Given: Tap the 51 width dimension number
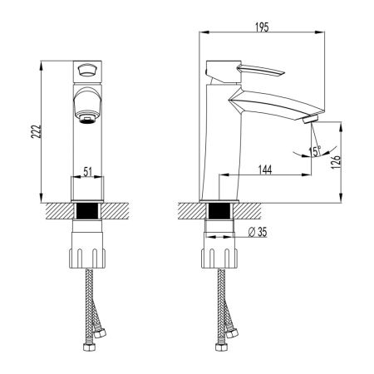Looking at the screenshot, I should point(87,171).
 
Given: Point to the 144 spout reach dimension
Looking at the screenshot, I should point(265,170).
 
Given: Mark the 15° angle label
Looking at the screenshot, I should point(314,150).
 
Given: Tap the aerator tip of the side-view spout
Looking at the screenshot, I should point(310,121).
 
